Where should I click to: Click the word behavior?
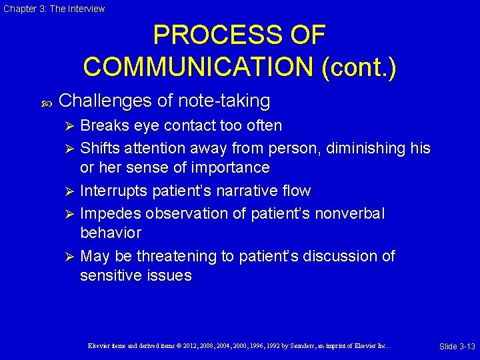click(111, 233)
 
